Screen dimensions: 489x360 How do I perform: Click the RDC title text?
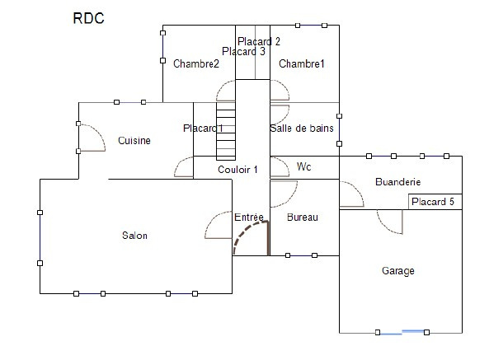coord(88,18)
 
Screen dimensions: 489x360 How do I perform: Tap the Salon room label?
coord(134,236)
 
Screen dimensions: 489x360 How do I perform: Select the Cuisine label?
coord(134,140)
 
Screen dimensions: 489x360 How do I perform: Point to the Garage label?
coord(398,271)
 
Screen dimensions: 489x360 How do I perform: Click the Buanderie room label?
coord(398,181)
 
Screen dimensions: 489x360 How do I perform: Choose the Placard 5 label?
coord(433,202)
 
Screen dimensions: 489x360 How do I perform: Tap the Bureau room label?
coord(303,217)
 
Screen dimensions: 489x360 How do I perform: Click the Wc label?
coord(304,166)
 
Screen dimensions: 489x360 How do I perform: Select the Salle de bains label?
coord(302,128)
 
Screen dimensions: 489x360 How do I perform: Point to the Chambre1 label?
coord(302,63)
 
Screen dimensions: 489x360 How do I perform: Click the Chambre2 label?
coord(196,63)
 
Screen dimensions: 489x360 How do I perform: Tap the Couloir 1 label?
coord(237,170)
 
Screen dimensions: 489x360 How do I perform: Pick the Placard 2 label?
coord(259,41)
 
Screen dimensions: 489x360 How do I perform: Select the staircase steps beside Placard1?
coord(226,131)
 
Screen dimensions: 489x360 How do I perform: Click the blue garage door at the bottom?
coord(402,332)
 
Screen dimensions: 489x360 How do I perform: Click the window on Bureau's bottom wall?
coord(301,255)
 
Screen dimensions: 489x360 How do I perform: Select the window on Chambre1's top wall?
coord(311,26)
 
